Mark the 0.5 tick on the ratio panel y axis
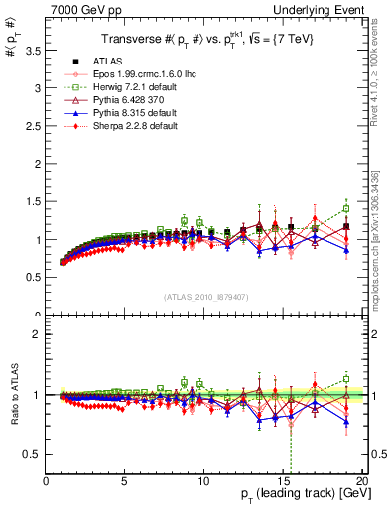(46, 454)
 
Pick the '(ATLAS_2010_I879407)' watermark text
(205, 296)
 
